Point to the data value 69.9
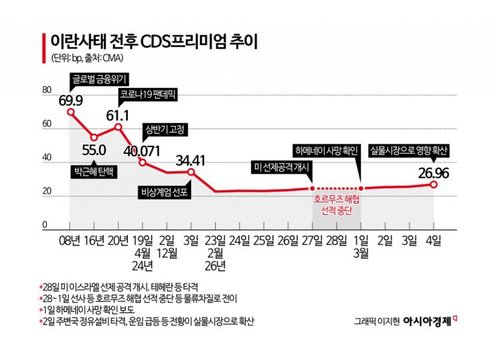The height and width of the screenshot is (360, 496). coord(71,100)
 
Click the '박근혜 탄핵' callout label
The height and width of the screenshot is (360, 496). coord(92,171)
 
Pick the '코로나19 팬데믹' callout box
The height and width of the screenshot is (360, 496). coord(145,95)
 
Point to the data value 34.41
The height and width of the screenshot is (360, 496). coord(190,160)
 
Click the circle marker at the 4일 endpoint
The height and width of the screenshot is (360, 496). coord(433,184)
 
